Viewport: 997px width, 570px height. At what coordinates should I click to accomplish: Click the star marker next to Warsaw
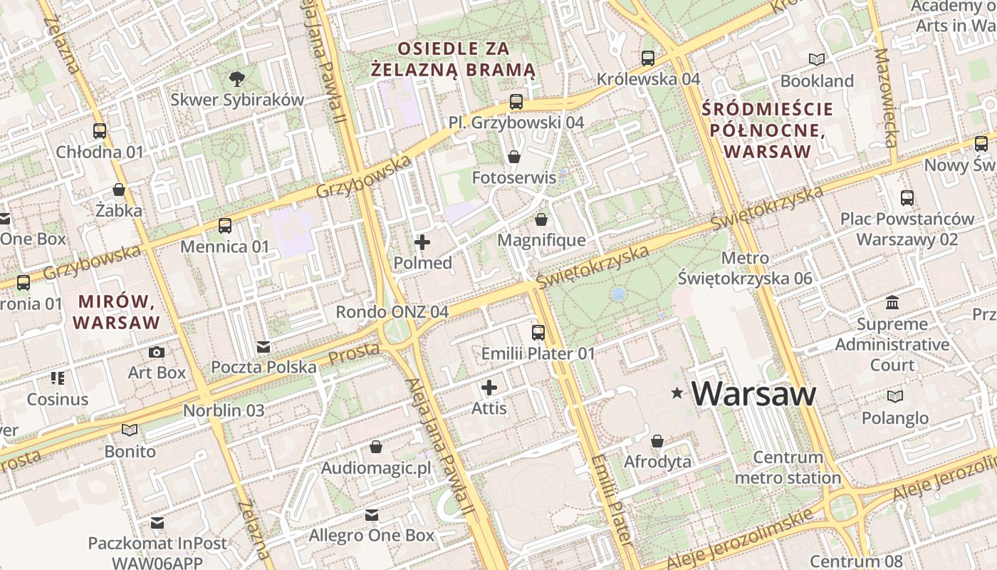[677, 393]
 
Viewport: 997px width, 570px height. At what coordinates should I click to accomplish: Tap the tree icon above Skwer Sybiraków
[236, 78]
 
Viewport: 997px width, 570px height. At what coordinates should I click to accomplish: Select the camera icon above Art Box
[157, 352]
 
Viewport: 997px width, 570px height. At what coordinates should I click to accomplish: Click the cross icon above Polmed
[422, 242]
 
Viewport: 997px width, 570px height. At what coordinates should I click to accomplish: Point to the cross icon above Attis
[489, 388]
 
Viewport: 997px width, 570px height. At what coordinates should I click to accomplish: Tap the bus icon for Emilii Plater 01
[538, 333]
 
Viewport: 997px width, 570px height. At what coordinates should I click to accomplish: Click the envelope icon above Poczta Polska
[263, 347]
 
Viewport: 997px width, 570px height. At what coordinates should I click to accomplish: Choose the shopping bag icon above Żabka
[119, 190]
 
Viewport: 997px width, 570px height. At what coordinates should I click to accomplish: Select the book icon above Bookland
[817, 60]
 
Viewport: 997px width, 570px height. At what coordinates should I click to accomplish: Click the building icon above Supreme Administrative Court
[892, 304]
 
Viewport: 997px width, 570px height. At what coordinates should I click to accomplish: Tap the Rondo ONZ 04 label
[392, 312]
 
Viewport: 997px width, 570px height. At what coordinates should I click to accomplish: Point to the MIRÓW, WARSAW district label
[116, 311]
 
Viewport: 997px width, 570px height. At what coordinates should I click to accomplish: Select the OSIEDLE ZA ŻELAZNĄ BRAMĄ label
[454, 59]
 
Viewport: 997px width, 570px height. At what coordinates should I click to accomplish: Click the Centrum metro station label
[788, 467]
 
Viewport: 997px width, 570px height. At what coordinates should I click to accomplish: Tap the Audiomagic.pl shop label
[376, 468]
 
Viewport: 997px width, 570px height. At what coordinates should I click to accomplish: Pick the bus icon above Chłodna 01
[100, 131]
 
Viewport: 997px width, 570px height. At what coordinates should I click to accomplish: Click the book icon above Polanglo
[895, 397]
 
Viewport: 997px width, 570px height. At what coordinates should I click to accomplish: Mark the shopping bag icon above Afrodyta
[657, 442]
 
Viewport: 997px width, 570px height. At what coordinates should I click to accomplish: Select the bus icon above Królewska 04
[648, 58]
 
